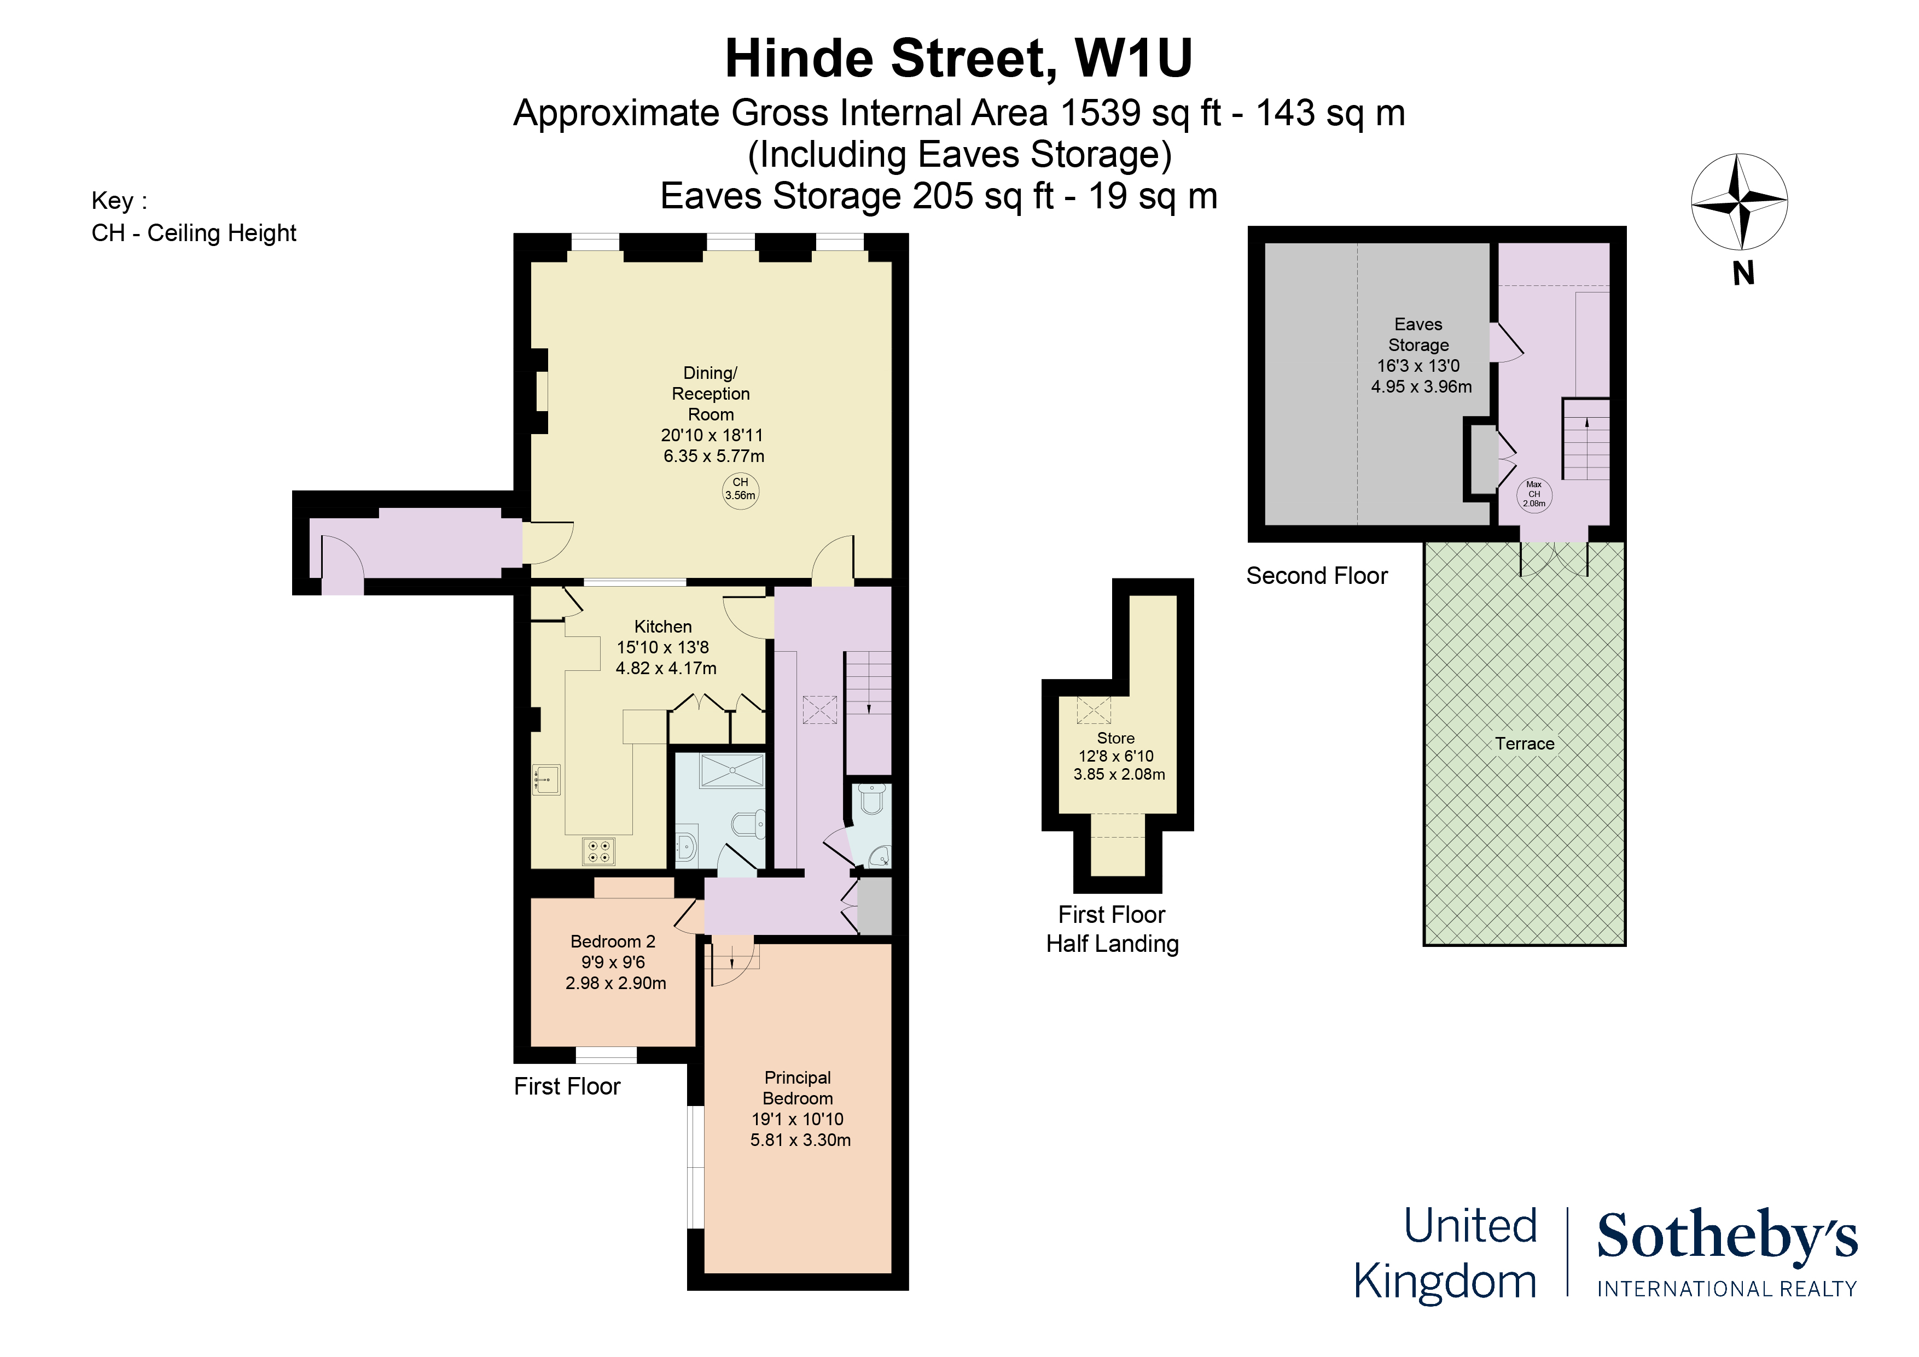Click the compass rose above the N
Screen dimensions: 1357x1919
coord(1740,201)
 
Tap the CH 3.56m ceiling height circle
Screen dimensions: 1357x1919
coord(741,490)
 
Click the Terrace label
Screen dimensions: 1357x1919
coord(1525,744)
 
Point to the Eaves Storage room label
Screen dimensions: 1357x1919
coord(1418,334)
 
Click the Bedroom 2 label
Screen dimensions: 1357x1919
coord(613,941)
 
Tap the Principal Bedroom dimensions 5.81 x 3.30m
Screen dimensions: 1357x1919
coord(800,1140)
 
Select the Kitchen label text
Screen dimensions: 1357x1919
coord(663,627)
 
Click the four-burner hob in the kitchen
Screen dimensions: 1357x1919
coord(599,851)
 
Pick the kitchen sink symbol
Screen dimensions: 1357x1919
coord(546,780)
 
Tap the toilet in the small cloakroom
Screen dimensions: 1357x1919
coord(872,800)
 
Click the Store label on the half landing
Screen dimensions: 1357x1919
coord(1116,739)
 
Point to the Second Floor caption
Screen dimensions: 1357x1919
coord(1316,576)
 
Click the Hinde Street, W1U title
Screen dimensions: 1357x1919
coord(958,60)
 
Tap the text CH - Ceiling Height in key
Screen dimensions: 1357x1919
coord(194,233)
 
